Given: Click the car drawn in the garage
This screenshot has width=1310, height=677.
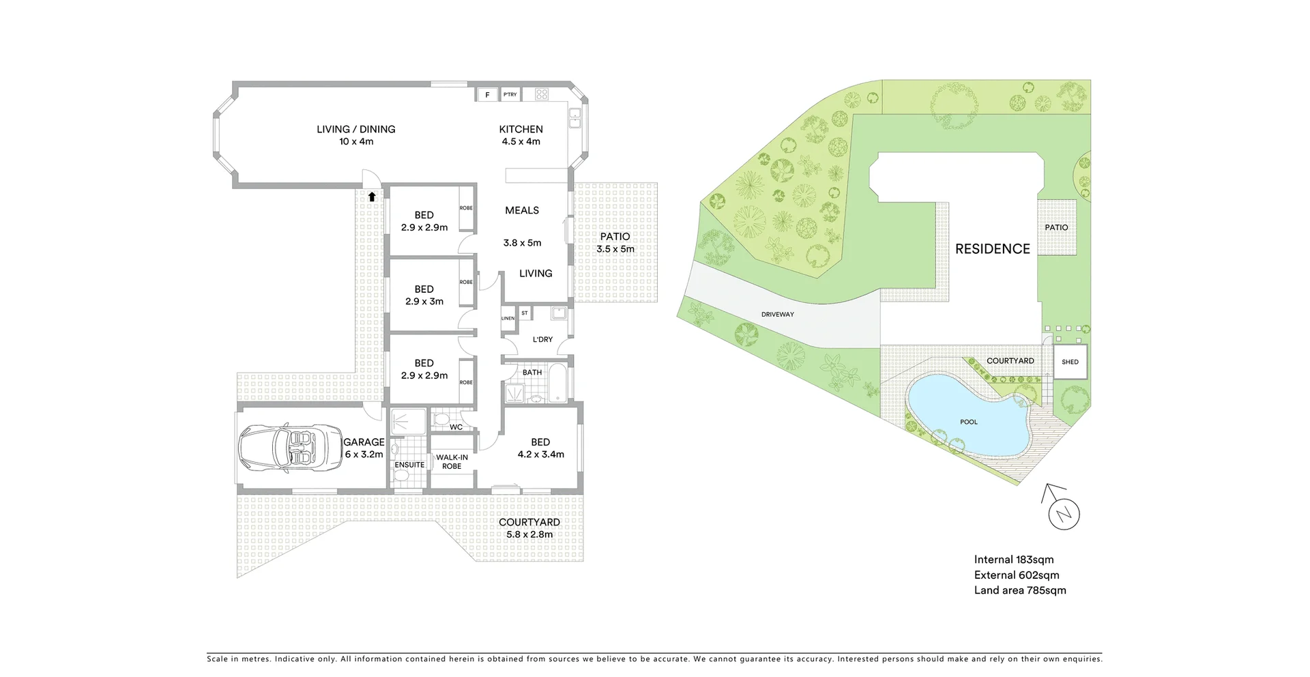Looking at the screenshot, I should point(291,448).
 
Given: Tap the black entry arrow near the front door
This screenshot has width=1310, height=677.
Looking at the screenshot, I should point(372,197).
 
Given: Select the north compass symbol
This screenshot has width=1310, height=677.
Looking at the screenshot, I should point(1064,512).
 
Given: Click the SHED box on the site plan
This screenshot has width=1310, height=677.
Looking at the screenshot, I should point(1070,362).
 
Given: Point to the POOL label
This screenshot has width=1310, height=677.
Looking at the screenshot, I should point(969,422).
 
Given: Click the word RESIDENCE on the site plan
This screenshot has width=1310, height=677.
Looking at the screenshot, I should point(992,249).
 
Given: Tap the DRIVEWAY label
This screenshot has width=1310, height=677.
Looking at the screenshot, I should point(778,315).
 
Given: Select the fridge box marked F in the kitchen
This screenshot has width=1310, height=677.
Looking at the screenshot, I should point(487,95).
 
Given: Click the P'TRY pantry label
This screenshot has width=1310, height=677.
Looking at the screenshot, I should point(510,95).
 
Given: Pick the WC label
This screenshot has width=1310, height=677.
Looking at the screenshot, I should point(456,427).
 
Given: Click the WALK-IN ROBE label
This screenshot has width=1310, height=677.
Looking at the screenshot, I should point(452,462).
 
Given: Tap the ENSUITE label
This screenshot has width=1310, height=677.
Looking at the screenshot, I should point(409,465).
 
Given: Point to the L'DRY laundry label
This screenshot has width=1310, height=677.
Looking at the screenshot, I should point(542,339).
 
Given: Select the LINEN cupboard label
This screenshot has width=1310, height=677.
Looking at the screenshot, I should point(508,319).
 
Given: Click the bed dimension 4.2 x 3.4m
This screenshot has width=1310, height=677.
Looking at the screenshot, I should point(540,455).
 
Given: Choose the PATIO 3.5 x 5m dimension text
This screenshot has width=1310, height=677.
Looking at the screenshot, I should point(615,249).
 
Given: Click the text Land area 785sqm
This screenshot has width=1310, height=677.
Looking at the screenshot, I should point(1019,590).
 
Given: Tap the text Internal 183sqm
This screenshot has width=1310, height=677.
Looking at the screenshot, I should point(1013,560).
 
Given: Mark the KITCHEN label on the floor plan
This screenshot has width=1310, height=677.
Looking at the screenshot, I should point(521,129).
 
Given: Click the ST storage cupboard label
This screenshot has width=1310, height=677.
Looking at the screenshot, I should point(525,313).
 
